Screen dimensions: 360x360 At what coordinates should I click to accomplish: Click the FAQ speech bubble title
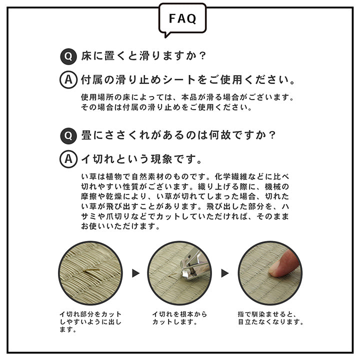click(182, 19)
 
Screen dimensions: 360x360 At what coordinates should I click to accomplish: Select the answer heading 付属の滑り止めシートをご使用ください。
click(188, 80)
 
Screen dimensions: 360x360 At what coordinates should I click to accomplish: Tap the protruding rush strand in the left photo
click(93, 270)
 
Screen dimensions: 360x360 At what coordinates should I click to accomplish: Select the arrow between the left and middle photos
click(135, 273)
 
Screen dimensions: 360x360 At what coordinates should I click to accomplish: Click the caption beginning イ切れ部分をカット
click(90, 322)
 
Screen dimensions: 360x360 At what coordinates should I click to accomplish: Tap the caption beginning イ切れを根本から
click(180, 318)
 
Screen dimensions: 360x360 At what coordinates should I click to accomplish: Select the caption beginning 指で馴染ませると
click(270, 318)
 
